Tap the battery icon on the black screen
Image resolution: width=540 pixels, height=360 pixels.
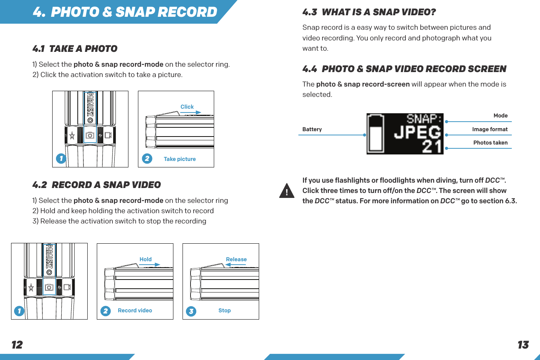coord(376,133)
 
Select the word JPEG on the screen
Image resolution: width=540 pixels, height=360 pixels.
coord(417,132)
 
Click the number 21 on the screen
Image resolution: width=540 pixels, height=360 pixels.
coord(432,146)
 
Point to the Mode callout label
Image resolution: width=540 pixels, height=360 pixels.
coord(500,116)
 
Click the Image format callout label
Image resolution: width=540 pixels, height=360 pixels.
coord(490,129)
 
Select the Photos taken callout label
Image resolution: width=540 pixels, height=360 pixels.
coord(490,143)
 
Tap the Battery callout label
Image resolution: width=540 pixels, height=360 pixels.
coord(312,129)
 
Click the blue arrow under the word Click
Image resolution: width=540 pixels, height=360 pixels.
coord(191,112)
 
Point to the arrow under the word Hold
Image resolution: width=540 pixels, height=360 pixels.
coord(149,264)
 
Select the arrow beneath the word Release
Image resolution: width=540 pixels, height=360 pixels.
coord(236,264)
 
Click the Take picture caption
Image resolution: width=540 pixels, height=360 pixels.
coord(179,159)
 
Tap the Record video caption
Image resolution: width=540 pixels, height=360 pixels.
coord(135,310)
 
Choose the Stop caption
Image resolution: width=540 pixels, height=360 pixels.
coord(224,310)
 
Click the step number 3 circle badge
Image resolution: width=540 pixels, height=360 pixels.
coord(191,311)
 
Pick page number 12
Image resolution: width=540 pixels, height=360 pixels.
coord(17,345)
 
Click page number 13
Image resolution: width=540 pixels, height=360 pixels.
coord(523,345)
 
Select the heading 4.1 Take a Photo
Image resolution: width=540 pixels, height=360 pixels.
coord(75,49)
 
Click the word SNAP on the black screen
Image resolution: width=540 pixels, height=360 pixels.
coord(423,119)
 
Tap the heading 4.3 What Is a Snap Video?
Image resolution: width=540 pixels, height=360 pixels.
coord(369,12)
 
